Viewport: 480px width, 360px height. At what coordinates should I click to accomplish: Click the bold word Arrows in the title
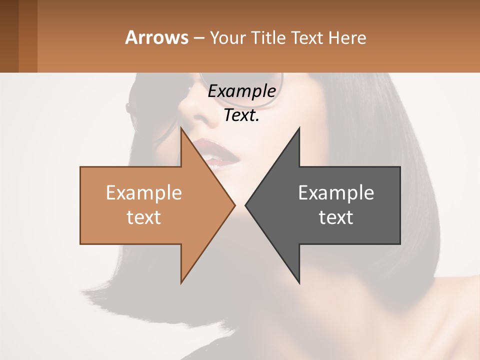coord(156,37)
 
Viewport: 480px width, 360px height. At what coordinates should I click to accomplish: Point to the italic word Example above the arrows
coord(241,91)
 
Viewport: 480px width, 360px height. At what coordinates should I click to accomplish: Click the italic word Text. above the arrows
coord(241,115)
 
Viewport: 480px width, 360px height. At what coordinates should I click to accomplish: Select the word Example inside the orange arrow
coord(144,192)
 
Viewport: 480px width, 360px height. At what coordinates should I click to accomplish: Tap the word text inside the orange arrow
coord(144,217)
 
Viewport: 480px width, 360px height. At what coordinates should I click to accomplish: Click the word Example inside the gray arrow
coord(336,192)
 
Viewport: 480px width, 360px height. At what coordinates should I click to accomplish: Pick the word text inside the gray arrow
coord(336,217)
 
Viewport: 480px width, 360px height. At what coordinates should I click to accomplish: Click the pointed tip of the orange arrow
coord(234,205)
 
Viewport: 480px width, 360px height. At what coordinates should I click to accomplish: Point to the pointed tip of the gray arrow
coord(246,205)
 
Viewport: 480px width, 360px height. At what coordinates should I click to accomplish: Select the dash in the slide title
coord(198,38)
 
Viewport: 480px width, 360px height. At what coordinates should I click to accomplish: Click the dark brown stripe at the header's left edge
coord(9,36)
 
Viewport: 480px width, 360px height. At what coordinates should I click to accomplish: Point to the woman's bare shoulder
coord(450,320)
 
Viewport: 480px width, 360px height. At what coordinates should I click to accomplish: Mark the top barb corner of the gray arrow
coord(299,128)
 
